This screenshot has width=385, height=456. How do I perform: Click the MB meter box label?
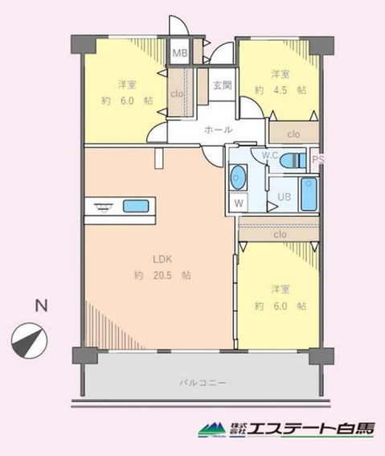[x=180, y=53]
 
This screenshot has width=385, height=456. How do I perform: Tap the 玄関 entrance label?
[x=223, y=85]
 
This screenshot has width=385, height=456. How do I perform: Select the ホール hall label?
[x=218, y=129]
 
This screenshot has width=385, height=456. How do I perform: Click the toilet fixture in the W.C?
[x=293, y=160]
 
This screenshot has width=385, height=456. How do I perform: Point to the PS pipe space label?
[x=317, y=159]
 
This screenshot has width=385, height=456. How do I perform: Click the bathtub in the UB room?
[x=309, y=195]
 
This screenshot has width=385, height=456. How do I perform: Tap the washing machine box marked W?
[x=239, y=203]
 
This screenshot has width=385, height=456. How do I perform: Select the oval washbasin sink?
[x=238, y=178]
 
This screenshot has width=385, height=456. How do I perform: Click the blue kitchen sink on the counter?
[x=136, y=206]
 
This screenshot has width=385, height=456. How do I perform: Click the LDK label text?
[x=162, y=259]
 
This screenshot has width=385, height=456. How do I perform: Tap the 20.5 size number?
[x=162, y=275]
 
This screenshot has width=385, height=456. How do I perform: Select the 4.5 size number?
[x=280, y=90]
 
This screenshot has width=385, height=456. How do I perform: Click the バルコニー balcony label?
[x=203, y=383]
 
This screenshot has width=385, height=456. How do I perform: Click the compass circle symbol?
[x=30, y=340]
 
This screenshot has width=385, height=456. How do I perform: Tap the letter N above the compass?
[x=41, y=306]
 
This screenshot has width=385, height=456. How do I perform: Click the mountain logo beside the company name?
[x=212, y=429]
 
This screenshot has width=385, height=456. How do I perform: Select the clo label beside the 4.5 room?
[x=293, y=134]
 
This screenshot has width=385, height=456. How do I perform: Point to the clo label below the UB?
[x=280, y=234]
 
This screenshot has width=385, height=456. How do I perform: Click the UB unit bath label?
[x=285, y=197]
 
